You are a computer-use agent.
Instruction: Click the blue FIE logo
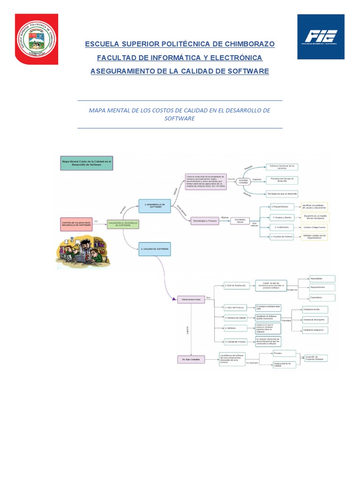tap(321, 37)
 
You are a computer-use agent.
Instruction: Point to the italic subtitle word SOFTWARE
tap(180, 119)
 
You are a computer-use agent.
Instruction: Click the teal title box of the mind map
tap(87, 163)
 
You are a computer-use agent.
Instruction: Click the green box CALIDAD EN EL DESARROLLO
tap(123, 225)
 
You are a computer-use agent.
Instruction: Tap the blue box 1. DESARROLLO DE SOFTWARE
tap(155, 206)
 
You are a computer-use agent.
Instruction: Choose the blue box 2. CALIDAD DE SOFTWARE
tap(155, 249)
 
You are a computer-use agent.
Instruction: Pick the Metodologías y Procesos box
tap(205, 221)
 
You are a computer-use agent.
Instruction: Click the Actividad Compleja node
tap(244, 180)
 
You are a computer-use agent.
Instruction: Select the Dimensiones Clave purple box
tap(191, 300)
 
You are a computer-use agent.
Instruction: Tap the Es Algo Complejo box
tap(191, 360)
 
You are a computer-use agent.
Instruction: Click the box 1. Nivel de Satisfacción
tap(236, 285)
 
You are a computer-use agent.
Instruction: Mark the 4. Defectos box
tap(236, 328)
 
